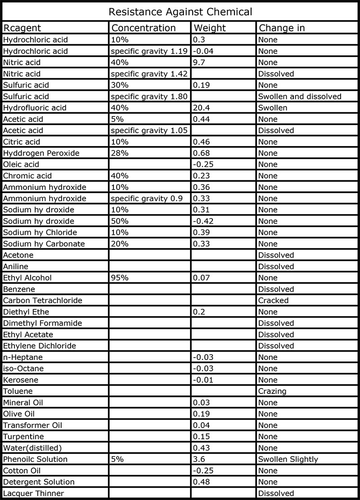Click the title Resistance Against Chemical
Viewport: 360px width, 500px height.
180,11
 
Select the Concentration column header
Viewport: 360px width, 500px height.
144,28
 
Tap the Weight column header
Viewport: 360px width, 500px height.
210,28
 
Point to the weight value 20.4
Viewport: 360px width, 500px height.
202,108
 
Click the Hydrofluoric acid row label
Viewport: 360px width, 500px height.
35,108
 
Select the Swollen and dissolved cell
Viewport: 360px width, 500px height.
300,96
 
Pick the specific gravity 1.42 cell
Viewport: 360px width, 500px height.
150,74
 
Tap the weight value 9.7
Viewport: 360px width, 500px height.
199,62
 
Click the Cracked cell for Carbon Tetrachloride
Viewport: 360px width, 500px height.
273,300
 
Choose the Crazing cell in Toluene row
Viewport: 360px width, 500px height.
272,391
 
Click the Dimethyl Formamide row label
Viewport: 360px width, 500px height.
36,323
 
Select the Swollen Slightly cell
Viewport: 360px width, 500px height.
288,460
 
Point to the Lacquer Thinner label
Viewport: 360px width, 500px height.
33,493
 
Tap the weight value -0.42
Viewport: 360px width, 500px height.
203,221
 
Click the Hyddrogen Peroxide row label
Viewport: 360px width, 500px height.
41,153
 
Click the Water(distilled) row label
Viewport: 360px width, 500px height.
33,448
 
